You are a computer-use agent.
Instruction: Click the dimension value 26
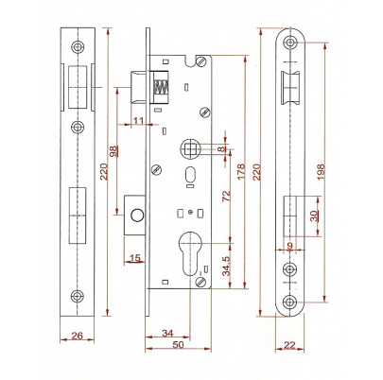pyautogui.click(x=77, y=336)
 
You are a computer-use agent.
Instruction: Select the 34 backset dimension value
pyautogui.click(x=167, y=333)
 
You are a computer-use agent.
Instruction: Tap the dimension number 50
pyautogui.click(x=178, y=344)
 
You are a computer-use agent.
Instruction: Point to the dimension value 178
pyautogui.click(x=241, y=171)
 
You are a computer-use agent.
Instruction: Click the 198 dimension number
pyautogui.click(x=321, y=171)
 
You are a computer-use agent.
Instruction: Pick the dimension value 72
pyautogui.click(x=227, y=196)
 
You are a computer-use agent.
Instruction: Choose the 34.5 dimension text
pyautogui.click(x=227, y=266)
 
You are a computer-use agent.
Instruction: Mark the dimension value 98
pyautogui.click(x=113, y=151)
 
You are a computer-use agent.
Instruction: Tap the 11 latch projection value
pyautogui.click(x=138, y=121)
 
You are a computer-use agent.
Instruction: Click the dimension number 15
pyautogui.click(x=135, y=258)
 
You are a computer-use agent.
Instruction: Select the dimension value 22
pyautogui.click(x=289, y=345)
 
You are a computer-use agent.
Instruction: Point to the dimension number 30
pyautogui.click(x=314, y=216)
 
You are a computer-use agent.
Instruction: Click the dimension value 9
pyautogui.click(x=290, y=245)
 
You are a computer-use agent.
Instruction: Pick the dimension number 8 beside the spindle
pyautogui.click(x=223, y=148)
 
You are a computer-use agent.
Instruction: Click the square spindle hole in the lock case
pyautogui.click(x=189, y=148)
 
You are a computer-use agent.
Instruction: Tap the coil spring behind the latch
pyautogui.click(x=161, y=87)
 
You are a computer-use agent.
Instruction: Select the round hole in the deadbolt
pyautogui.click(x=137, y=215)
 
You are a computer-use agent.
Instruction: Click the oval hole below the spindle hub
pyautogui.click(x=190, y=174)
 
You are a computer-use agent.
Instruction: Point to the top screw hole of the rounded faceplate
pyautogui.click(x=290, y=42)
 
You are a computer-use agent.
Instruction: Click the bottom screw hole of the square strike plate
pyautogui.click(x=78, y=296)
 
